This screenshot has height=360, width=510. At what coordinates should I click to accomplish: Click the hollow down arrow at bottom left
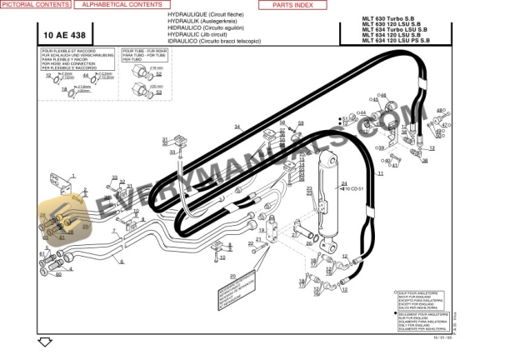[x=44, y=342]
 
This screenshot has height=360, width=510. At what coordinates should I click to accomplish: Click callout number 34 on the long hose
[x=237, y=127]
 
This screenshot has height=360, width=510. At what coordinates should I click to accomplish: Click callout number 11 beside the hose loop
[x=380, y=173]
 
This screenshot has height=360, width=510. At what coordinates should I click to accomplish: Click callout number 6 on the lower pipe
[x=122, y=262]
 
